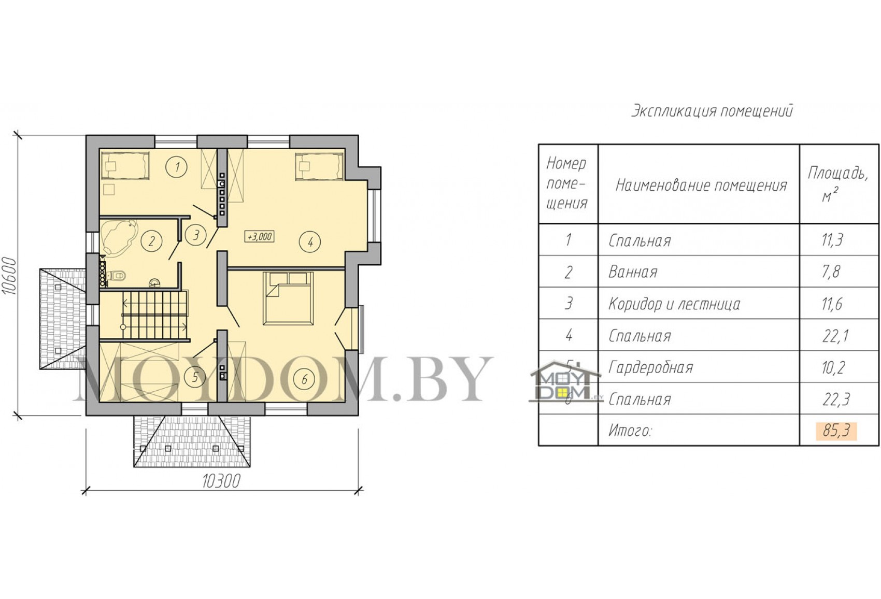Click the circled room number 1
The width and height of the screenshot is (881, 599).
(x=177, y=167)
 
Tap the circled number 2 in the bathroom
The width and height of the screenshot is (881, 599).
(x=151, y=241)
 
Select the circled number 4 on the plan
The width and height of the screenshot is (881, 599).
(x=310, y=241)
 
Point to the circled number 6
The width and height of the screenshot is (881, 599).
(x=304, y=379)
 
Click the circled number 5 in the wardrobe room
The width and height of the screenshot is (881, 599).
(x=195, y=377)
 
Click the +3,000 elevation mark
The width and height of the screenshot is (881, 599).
(x=259, y=236)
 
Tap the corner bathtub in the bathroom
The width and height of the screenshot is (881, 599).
(x=119, y=237)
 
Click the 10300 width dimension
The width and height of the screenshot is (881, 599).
(x=221, y=481)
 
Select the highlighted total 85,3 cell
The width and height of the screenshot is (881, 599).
(x=836, y=431)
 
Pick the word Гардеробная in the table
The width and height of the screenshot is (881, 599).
(x=650, y=367)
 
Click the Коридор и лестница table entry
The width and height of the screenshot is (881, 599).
(x=674, y=304)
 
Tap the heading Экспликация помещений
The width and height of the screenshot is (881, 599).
(x=712, y=111)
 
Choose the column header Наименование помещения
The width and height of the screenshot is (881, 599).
(x=701, y=185)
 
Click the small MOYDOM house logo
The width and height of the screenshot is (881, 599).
(x=565, y=381)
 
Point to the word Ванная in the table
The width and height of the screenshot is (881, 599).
(x=633, y=272)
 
